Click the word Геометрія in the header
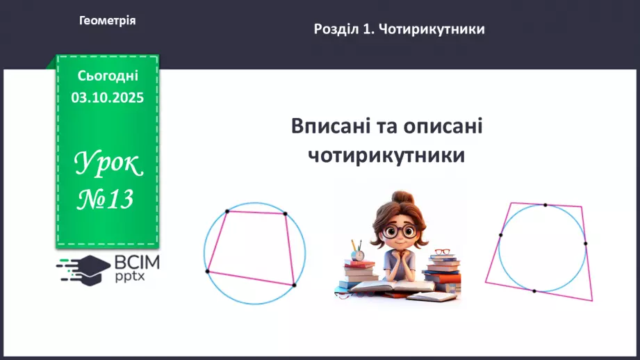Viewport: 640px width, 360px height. point(107,21)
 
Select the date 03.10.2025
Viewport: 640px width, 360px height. point(107,98)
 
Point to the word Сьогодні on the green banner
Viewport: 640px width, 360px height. point(108,76)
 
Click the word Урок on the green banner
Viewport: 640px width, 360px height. point(108,165)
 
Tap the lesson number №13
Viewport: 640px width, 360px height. point(105,200)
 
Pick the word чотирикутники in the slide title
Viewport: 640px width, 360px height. point(386,154)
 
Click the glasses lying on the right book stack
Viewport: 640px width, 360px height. point(442,252)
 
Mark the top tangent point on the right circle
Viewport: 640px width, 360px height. point(545,205)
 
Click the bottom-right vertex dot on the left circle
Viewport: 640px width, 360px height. point(294,285)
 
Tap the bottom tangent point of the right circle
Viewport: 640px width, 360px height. point(534,291)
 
